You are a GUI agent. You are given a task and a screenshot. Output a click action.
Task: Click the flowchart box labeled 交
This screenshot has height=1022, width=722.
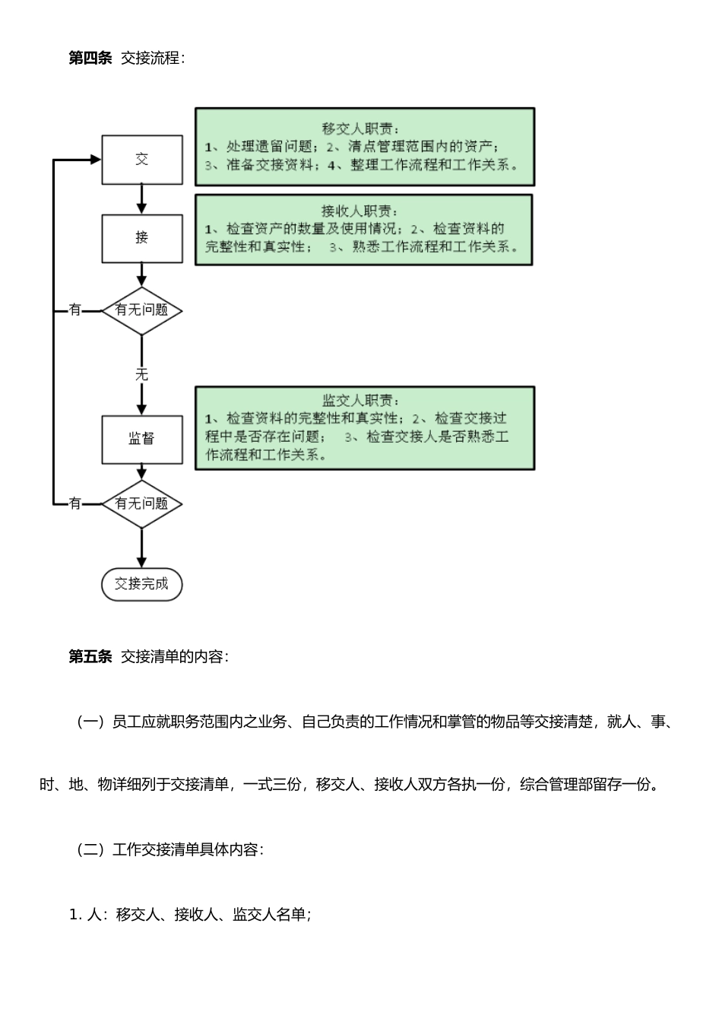(142, 160)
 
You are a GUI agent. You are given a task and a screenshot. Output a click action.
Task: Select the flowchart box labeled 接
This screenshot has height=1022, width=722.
(142, 239)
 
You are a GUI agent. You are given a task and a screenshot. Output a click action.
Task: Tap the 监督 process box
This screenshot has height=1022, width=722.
(142, 440)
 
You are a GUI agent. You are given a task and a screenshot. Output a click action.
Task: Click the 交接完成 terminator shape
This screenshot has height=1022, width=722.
(142, 585)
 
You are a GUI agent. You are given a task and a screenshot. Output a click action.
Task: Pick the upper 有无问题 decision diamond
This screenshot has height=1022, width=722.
(142, 311)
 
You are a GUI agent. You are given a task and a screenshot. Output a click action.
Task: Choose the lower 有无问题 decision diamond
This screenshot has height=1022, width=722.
(142, 504)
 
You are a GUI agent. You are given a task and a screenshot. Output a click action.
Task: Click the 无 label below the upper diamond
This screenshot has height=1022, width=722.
(141, 375)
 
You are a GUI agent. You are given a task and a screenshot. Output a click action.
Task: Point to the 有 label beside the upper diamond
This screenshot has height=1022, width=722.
(74, 309)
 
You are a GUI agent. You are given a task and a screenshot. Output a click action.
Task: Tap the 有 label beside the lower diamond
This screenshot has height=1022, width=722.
(74, 503)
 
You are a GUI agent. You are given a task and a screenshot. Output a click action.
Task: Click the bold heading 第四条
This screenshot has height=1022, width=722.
(90, 58)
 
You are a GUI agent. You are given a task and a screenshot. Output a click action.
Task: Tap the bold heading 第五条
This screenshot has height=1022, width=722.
(90, 656)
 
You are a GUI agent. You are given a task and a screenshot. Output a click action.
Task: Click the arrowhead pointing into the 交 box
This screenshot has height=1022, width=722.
(96, 159)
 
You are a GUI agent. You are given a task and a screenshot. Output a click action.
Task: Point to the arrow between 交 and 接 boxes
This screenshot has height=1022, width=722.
(142, 199)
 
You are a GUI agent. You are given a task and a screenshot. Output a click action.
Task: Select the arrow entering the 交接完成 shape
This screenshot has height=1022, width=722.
(142, 548)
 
